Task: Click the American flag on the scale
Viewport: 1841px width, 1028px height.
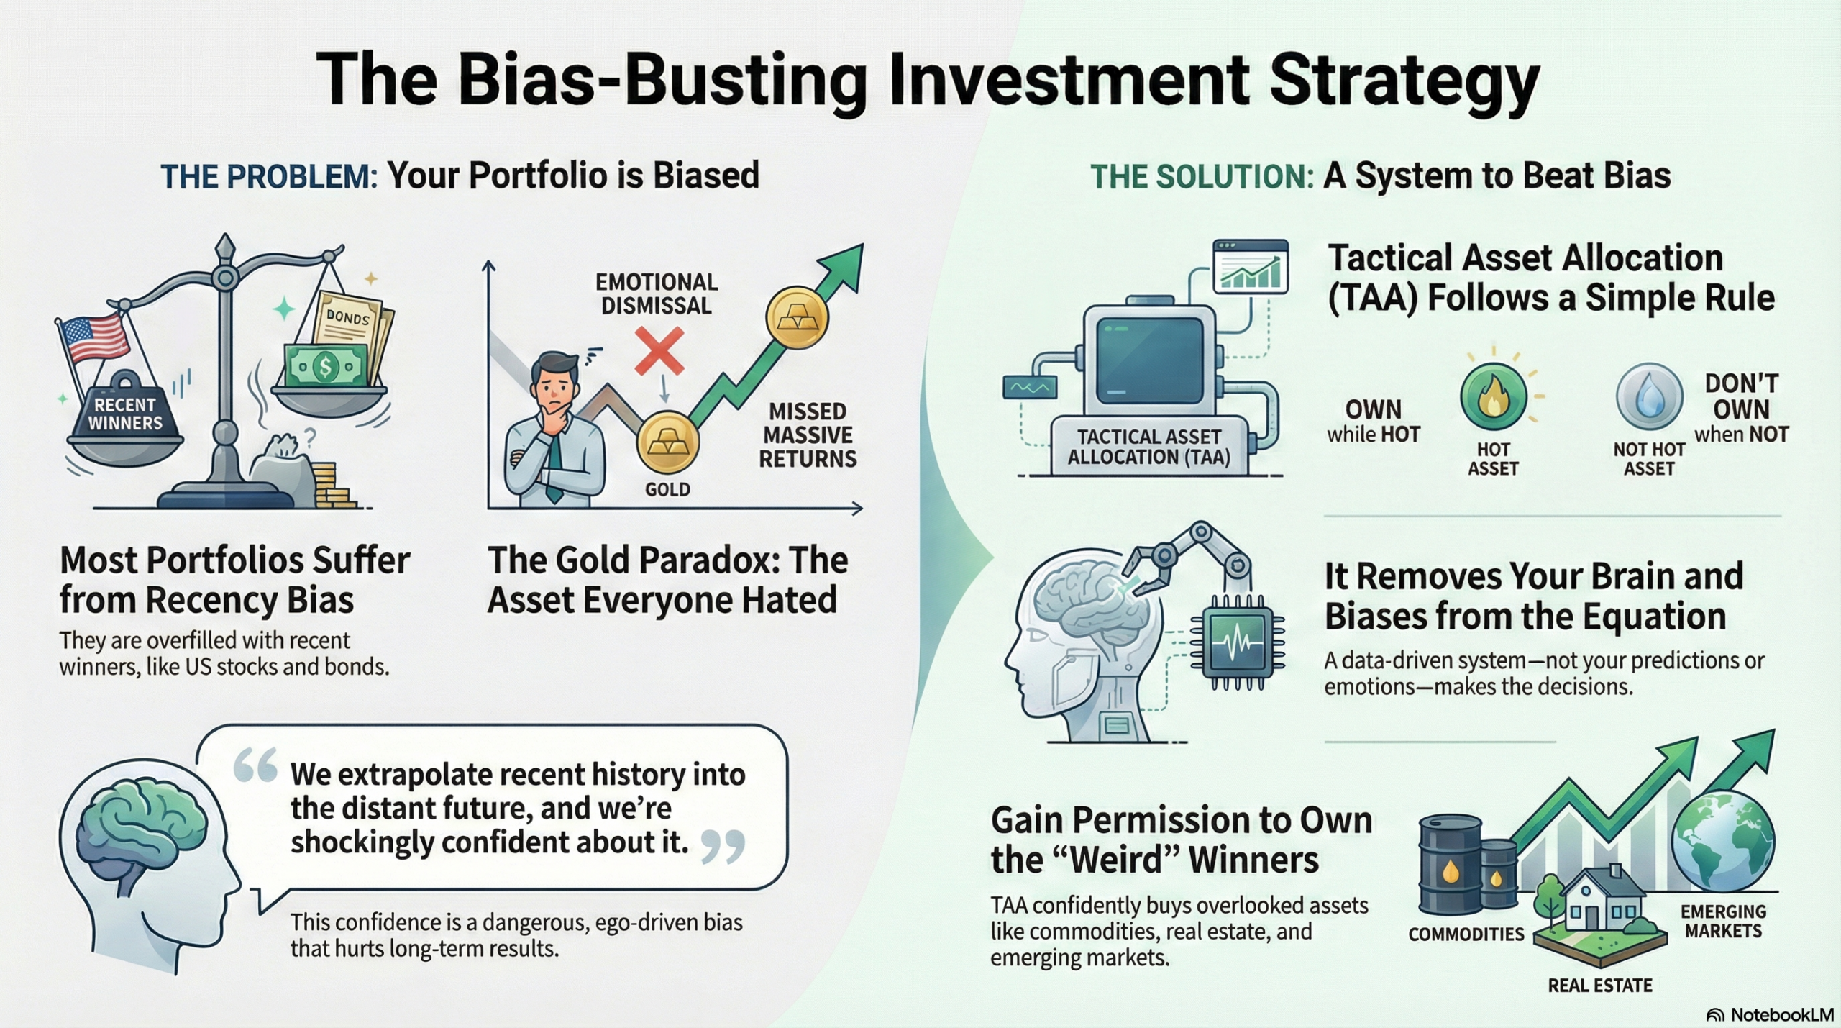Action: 93,338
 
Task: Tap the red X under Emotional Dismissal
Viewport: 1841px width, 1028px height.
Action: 659,351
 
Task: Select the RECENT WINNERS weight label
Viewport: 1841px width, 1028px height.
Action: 125,414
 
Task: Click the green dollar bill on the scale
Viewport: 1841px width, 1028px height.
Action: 326,367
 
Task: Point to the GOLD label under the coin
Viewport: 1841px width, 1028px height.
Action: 667,490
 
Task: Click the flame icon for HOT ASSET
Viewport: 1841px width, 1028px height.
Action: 1493,397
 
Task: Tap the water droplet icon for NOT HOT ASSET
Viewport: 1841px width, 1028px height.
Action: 1649,397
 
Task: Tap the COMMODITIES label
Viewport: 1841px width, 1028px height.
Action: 1466,934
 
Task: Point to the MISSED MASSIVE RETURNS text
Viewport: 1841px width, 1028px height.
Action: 808,435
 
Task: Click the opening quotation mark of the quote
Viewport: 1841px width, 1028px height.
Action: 255,765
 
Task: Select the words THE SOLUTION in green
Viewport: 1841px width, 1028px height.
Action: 1202,177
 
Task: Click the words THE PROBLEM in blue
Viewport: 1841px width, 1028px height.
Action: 268,177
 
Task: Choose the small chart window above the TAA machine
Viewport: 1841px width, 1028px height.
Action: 1250,266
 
